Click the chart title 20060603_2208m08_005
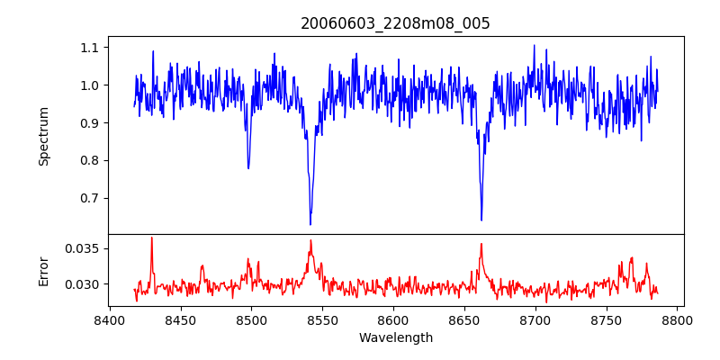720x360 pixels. pyautogui.click(x=395, y=23)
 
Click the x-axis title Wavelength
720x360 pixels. pyautogui.click(x=395, y=337)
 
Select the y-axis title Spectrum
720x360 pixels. pyautogui.click(x=43, y=136)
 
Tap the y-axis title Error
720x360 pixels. pyautogui.click(x=43, y=270)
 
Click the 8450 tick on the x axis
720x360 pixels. pyautogui.click(x=181, y=319)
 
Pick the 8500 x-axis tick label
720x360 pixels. pyautogui.click(x=251, y=319)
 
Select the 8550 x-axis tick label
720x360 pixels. pyautogui.click(x=322, y=319)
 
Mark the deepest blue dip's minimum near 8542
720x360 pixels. pyautogui.click(x=310, y=224)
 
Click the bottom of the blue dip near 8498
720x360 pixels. pyautogui.click(x=248, y=168)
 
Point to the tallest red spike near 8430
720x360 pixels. pyautogui.click(x=151, y=238)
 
